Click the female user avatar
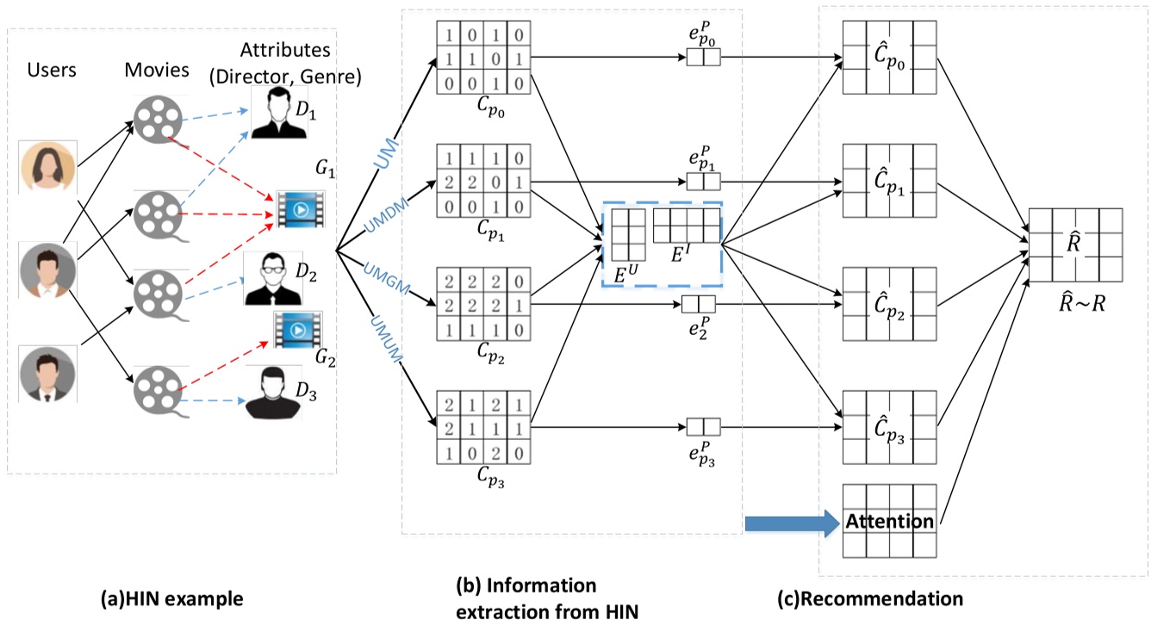point(48,167)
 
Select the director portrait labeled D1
point(279,114)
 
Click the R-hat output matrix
point(1074,245)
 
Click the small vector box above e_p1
point(702,182)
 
